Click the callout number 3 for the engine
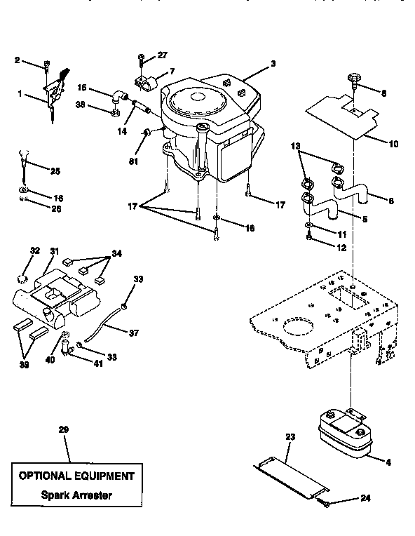[x=273, y=64]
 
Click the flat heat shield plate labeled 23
[x=289, y=473]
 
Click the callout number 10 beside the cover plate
[x=393, y=144]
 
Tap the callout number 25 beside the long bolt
[x=55, y=170]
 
